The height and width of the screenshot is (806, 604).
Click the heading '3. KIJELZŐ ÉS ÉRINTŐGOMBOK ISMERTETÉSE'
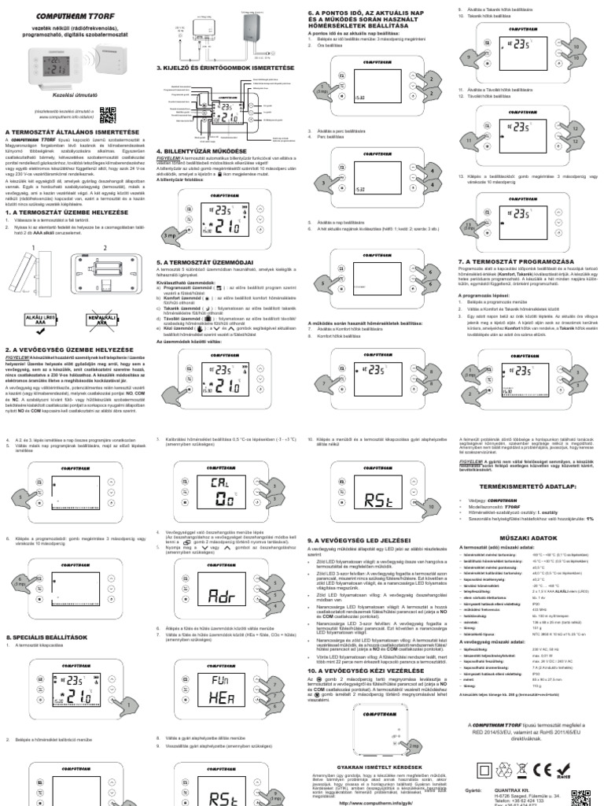pos(225,68)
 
